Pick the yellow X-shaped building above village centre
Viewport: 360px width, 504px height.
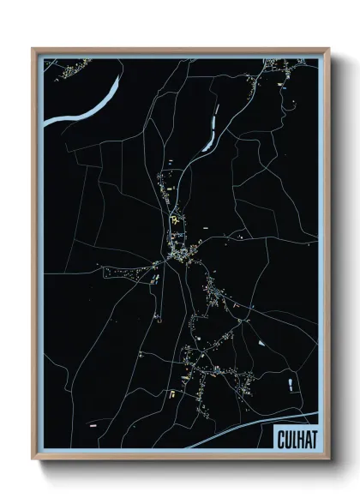coord(177,222)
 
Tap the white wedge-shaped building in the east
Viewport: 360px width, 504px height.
coord(260,343)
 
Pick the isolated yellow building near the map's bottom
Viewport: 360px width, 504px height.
coord(170,393)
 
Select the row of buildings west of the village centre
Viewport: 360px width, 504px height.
coord(129,273)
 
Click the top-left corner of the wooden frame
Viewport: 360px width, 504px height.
coord(33,49)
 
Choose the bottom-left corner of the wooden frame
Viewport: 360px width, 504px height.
coord(33,459)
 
